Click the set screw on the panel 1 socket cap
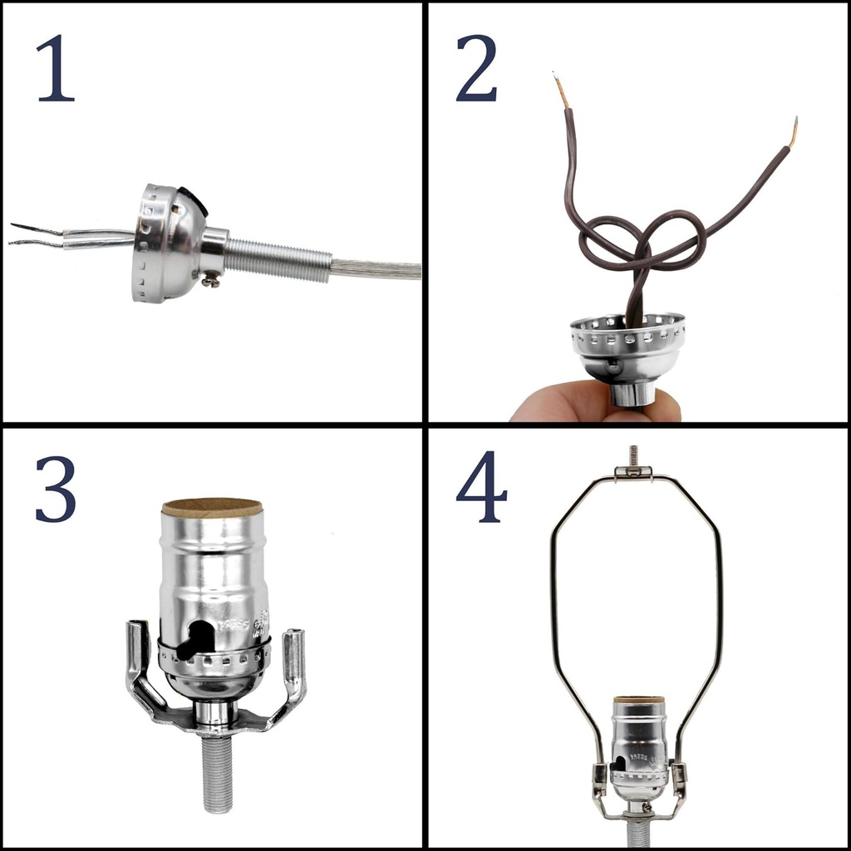click(x=210, y=281)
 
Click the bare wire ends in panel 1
click(x=33, y=235)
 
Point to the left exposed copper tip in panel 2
click(x=561, y=90)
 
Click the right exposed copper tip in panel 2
click(x=794, y=131)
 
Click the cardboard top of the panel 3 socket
click(x=212, y=508)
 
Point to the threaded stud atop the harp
click(x=633, y=455)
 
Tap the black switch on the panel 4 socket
click(x=619, y=763)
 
